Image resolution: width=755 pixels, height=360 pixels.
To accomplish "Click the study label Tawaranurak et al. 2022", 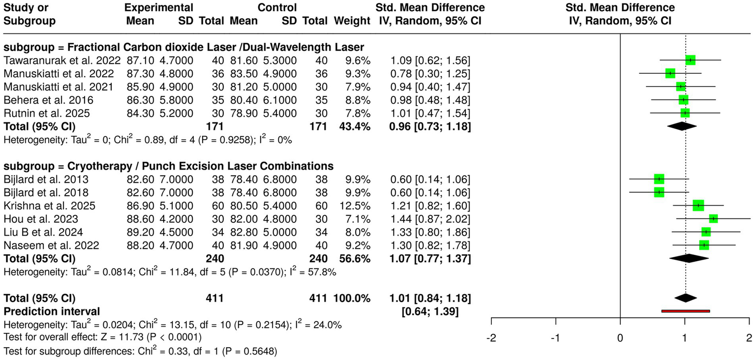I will (61, 60).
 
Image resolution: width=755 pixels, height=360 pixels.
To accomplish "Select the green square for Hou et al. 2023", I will (713, 218).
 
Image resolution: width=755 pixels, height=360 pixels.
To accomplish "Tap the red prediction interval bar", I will (686, 311).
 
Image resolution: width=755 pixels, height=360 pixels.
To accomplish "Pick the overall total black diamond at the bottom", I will (686, 298).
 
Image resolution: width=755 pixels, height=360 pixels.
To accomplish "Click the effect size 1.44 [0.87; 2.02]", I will (429, 218).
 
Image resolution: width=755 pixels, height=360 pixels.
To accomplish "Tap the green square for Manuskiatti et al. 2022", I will (670, 74).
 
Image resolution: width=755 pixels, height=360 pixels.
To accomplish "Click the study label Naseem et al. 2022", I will (51, 245).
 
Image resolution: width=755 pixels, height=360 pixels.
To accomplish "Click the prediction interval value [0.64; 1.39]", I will (430, 311).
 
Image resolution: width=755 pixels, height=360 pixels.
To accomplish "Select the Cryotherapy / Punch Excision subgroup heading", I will (168, 166).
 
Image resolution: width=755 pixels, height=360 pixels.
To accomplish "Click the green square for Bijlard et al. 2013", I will (659, 179).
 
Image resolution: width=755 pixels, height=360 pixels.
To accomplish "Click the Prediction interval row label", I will (52, 311).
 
